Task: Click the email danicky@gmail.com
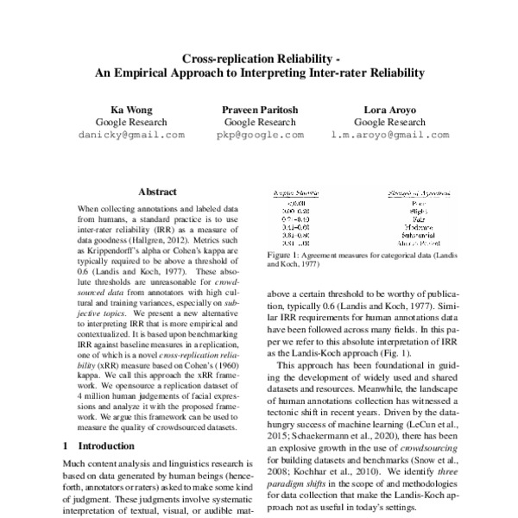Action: tap(131, 136)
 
